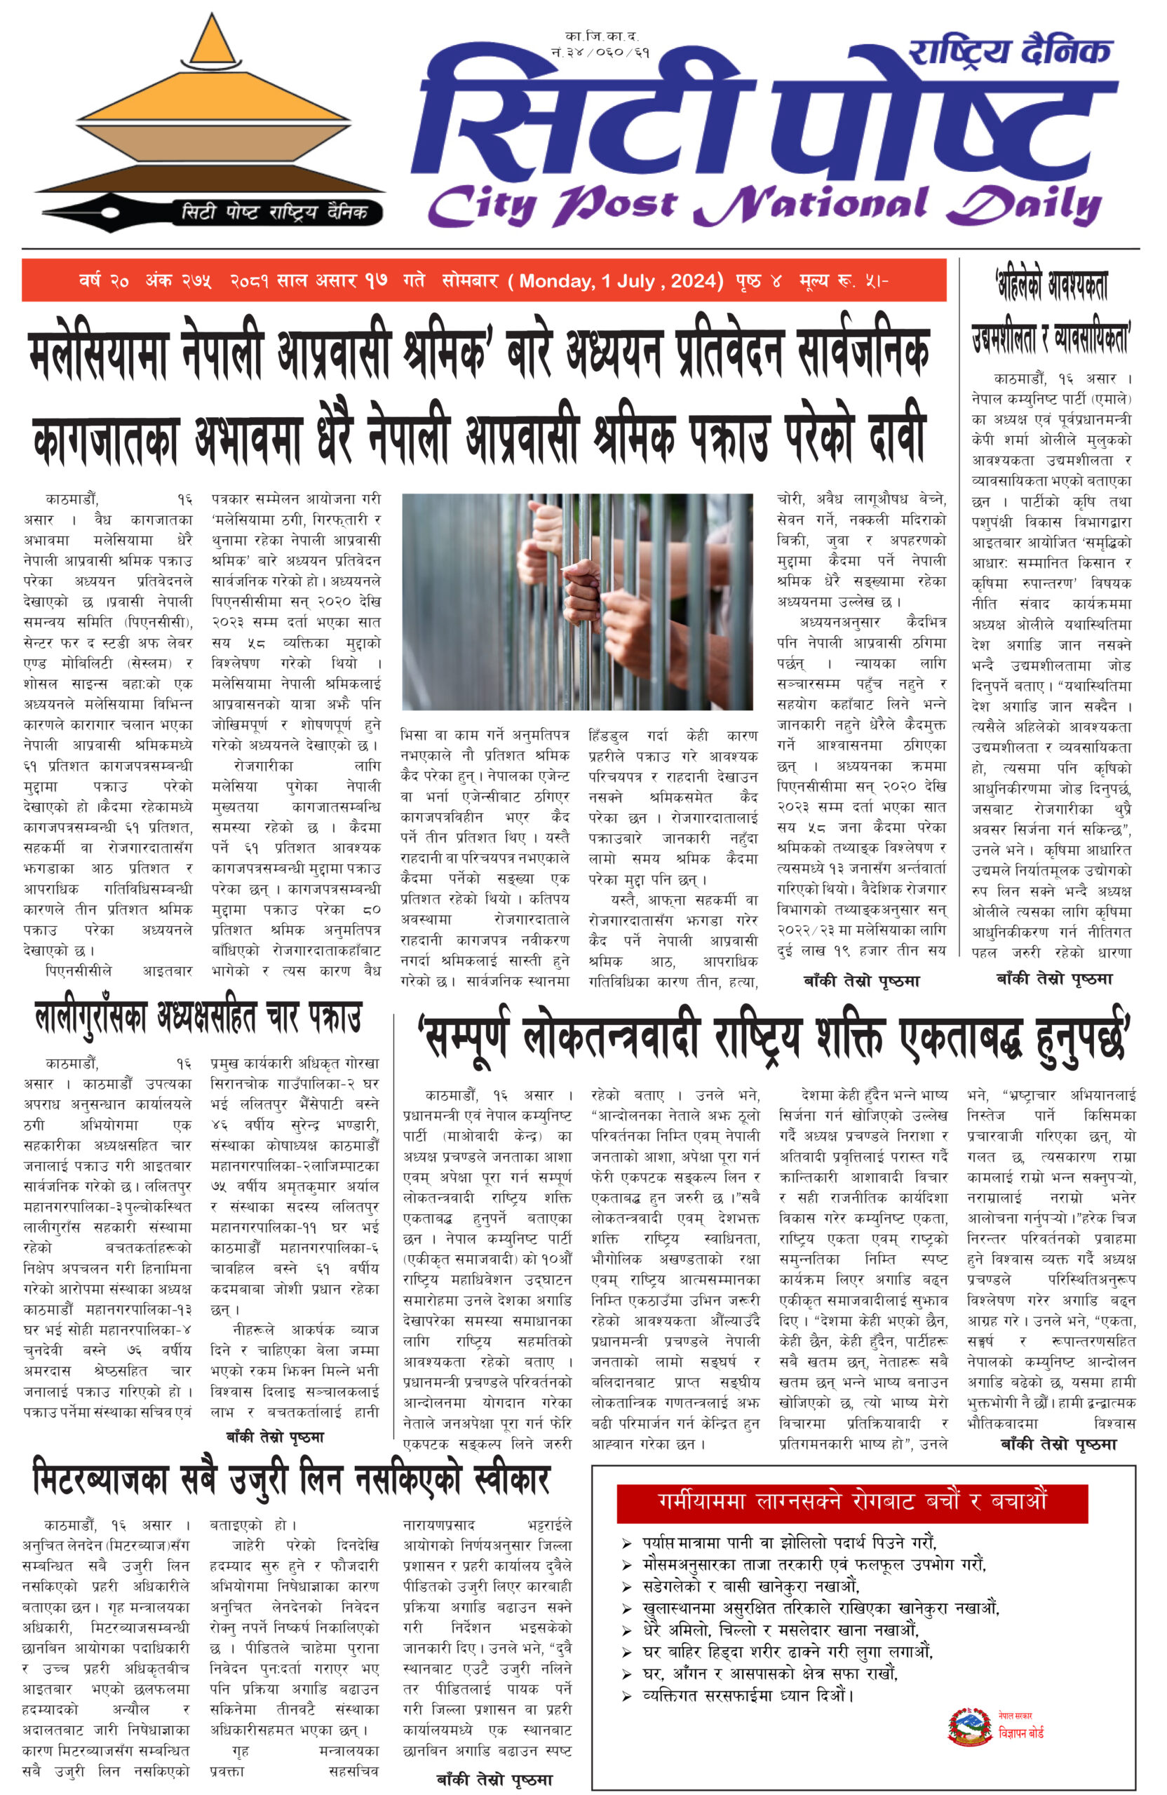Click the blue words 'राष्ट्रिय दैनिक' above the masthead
(x=1010, y=52)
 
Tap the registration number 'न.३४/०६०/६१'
(x=600, y=53)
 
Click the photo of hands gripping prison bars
(x=577, y=601)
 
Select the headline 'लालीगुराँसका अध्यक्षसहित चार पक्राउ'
(x=198, y=1018)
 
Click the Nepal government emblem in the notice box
(x=969, y=1726)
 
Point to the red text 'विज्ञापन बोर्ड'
(x=1020, y=1733)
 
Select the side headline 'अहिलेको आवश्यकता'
(x=1053, y=285)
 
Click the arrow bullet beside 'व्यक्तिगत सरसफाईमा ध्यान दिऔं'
(x=626, y=1696)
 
